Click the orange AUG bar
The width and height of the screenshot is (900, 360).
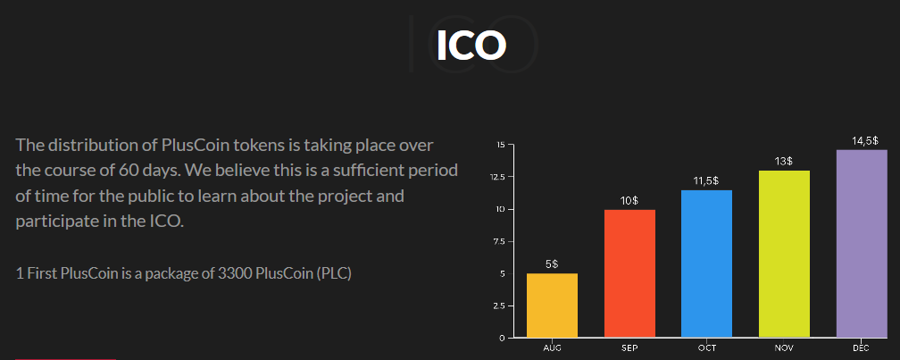click(x=552, y=306)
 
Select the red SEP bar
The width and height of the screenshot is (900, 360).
click(x=629, y=273)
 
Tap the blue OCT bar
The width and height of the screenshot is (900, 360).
click(x=706, y=264)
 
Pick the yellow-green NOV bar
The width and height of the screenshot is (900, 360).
click(x=784, y=254)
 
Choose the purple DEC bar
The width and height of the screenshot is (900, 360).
click(x=862, y=244)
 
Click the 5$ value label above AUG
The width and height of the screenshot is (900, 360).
click(x=552, y=264)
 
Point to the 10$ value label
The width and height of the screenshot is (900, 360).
click(x=629, y=200)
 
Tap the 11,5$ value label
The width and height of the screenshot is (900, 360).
click(x=706, y=180)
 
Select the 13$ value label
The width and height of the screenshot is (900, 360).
click(x=784, y=162)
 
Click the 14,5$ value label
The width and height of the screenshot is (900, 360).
click(x=865, y=141)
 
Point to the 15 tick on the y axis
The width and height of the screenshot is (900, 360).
click(x=501, y=145)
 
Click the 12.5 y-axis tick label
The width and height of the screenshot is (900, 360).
click(x=497, y=177)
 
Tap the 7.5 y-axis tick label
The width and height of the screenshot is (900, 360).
click(x=499, y=242)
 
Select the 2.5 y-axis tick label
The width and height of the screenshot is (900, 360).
click(x=499, y=306)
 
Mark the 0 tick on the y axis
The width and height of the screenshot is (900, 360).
click(x=502, y=339)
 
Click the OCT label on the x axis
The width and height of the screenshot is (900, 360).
click(x=706, y=348)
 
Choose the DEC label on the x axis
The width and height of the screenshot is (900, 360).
click(x=861, y=348)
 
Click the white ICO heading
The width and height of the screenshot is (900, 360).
click(x=471, y=45)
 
